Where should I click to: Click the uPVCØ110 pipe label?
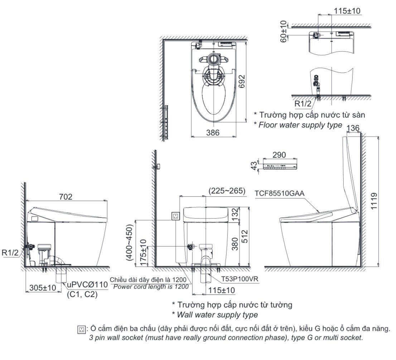[x=87, y=284]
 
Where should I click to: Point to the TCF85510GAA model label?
[x=279, y=193]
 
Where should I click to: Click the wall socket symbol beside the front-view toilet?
[x=175, y=216]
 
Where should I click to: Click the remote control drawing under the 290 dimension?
[x=279, y=166]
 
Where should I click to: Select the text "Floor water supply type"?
[x=300, y=125]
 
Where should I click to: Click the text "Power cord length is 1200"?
[x=151, y=287]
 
